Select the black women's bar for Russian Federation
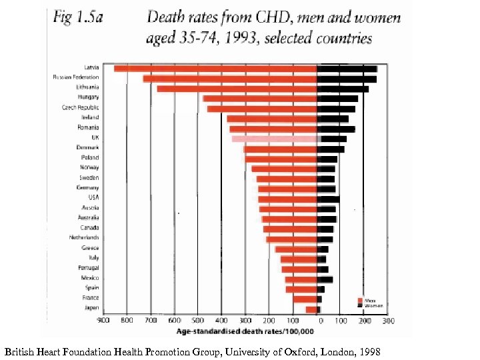pos(347,79)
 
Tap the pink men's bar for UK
pos(274,138)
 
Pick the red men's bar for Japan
pos(311,309)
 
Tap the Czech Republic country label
pos(81,107)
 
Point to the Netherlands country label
pos(84,237)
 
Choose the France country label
pos(91,297)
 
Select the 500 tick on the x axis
pos(198,321)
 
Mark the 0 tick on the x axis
pos(321,321)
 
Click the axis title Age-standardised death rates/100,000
pos(245,331)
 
